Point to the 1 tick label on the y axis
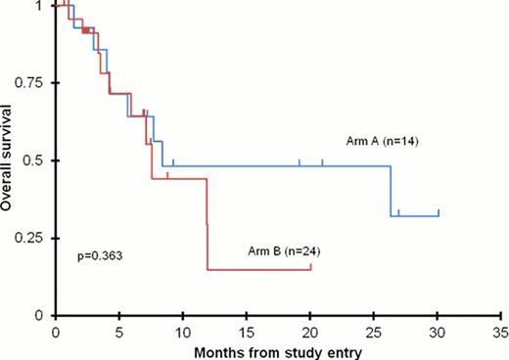(x=45, y=6)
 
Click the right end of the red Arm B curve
(x=311, y=268)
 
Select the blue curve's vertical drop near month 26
(x=392, y=191)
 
